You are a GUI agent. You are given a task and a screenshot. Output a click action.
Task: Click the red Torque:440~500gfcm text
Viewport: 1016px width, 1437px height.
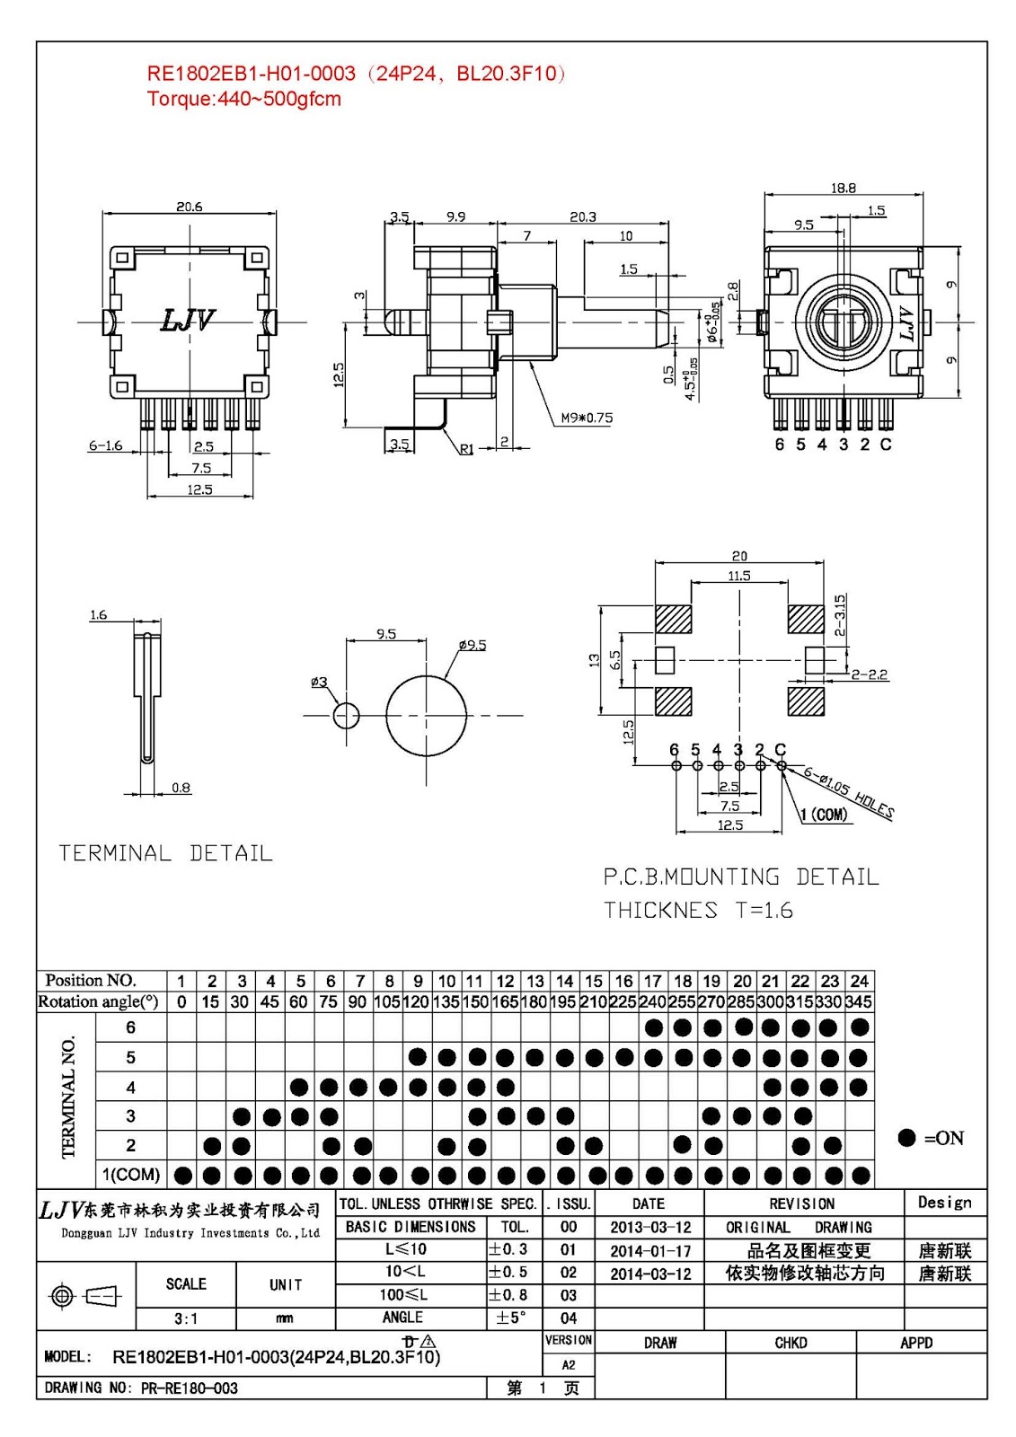243,99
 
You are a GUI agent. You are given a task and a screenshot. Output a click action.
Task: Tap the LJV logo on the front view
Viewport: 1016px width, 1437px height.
188,320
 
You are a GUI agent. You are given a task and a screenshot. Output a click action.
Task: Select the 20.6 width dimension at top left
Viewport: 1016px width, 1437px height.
189,207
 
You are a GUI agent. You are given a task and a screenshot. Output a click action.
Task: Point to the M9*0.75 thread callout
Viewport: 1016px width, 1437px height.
587,418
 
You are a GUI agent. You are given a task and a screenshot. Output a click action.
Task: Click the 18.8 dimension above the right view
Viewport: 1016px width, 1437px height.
843,188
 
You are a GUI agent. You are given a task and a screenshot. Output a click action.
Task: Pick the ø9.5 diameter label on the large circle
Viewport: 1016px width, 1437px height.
472,645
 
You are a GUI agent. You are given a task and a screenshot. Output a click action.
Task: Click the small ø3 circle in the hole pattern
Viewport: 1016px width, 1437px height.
346,716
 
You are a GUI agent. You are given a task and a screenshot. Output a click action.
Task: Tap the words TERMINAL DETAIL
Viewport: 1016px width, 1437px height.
165,853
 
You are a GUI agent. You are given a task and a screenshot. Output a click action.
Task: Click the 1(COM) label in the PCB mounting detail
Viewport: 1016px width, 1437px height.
824,815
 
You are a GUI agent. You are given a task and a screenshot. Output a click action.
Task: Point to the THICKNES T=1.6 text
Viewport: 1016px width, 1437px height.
698,910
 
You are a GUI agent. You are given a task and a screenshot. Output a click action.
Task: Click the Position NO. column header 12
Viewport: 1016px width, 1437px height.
505,981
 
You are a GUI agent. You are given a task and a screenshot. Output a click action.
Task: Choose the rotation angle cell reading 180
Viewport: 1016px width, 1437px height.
534,1001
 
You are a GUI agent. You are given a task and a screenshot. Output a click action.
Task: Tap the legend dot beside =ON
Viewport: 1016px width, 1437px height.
906,1138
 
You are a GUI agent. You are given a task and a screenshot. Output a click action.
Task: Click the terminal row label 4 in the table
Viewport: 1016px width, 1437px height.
130,1088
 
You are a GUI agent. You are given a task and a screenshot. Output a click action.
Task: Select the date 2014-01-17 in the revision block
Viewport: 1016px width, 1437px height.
649,1250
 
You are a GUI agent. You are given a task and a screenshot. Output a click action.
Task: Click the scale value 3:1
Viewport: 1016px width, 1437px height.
186,1318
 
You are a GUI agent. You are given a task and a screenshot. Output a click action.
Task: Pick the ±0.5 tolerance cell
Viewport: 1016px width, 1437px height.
508,1272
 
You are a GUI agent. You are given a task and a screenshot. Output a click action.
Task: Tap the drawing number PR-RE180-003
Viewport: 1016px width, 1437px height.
189,1388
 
